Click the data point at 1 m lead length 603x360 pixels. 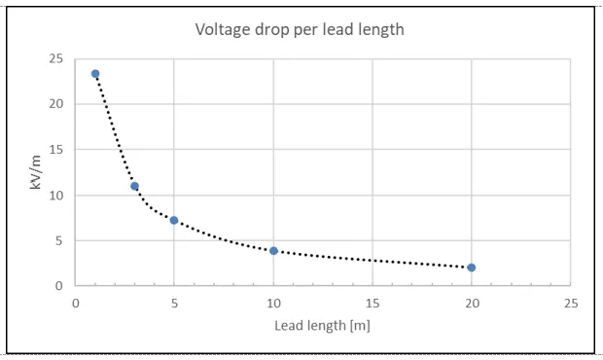coord(95,74)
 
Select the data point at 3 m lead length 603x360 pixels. coord(134,186)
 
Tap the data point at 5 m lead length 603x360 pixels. coord(174,221)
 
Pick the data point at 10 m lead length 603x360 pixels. coord(273,251)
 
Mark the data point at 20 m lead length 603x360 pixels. coord(472,268)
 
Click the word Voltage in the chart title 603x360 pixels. coord(223,30)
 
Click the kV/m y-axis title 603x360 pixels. coord(35,172)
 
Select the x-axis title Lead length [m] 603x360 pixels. coord(322,326)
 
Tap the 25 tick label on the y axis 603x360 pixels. coord(55,58)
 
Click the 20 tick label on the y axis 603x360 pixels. coord(55,104)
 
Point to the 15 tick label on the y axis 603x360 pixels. coord(55,149)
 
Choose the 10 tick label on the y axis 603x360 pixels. coord(55,196)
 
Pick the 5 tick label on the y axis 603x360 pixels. coord(58,240)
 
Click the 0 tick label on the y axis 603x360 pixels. coord(58,286)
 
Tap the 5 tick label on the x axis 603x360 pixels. coord(175,304)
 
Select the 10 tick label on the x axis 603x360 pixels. coord(274,304)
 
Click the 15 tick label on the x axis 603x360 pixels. coord(372,304)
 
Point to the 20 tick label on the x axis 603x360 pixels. coord(473,304)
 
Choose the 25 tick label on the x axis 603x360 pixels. coord(571,304)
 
